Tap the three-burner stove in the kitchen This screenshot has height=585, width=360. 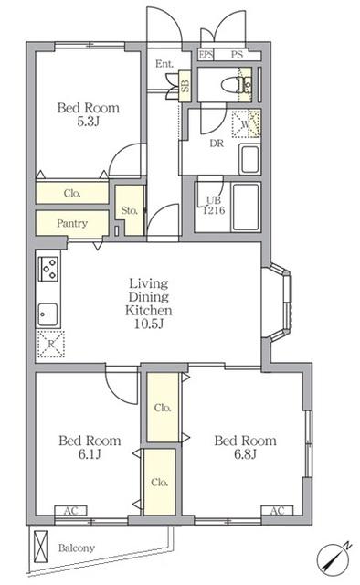coord(48,269)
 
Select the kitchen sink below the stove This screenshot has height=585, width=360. coord(48,314)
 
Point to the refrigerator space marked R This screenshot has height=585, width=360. coord(51,344)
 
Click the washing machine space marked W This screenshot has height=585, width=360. coord(246,124)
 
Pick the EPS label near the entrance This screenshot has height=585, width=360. coord(206,55)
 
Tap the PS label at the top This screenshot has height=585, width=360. coord(237,55)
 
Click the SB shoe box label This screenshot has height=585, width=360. coord(185,86)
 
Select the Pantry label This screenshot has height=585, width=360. coord(72,223)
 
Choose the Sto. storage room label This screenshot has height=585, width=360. coord(130,210)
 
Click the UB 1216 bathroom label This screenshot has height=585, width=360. coord(214,206)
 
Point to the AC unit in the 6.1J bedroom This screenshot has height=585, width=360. coord(71,510)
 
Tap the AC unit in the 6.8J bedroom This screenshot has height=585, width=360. coord(277,510)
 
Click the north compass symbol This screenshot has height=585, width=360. coord(334,558)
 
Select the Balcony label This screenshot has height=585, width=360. coord(77,548)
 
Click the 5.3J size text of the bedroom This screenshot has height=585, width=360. coord(88,122)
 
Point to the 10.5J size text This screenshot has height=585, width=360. coord(148,324)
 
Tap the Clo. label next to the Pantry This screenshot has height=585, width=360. coord(72,193)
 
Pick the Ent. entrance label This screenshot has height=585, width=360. coord(164,64)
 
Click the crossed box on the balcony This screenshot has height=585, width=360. coord(41,547)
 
